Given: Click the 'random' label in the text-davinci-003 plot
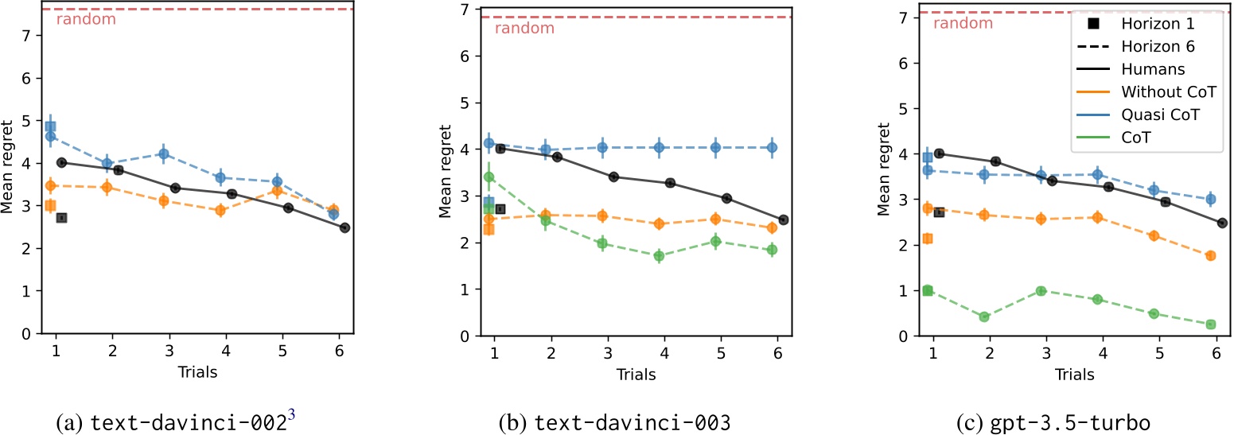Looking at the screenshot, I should (524, 29).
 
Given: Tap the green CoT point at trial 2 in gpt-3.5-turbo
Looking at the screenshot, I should (983, 317).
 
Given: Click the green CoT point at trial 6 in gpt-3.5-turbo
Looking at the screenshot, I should (1211, 324).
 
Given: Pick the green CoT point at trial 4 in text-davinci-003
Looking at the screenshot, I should (658, 256).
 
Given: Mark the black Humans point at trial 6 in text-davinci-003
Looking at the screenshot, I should (783, 219).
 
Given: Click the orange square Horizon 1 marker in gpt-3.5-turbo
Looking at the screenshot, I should (927, 239).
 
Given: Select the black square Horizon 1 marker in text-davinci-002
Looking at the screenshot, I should (62, 218).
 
